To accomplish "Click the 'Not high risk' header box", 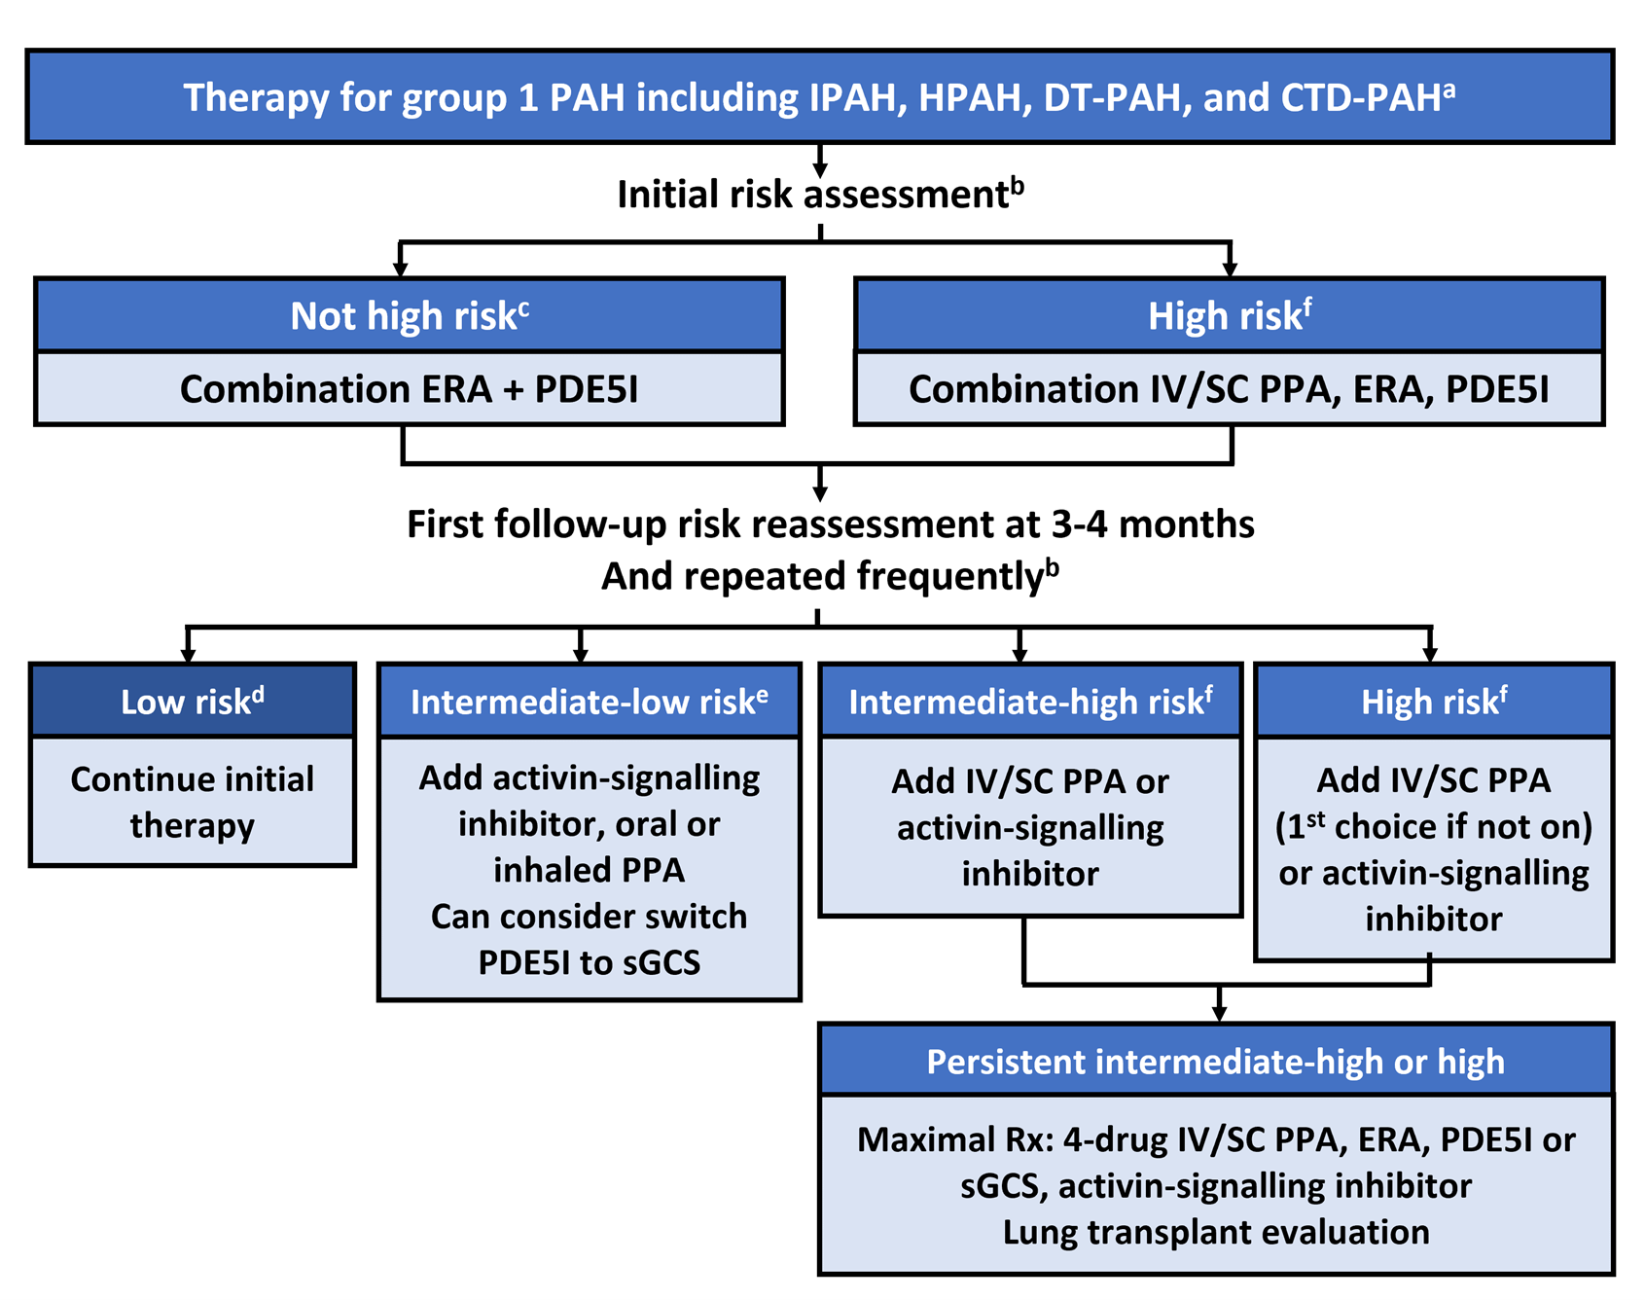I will pyautogui.click(x=410, y=315).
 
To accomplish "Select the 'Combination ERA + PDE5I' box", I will pyautogui.click(x=410, y=389).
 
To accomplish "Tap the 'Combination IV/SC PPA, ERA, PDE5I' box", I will pyautogui.click(x=1229, y=389).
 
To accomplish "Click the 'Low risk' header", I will pyautogui.click(x=193, y=702).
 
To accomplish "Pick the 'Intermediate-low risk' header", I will pyautogui.click(x=589, y=702).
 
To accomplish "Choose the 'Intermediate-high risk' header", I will pyautogui.click(x=1030, y=702).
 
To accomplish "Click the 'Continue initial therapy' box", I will pyautogui.click(x=193, y=802).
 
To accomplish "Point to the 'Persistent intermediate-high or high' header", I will pyautogui.click(x=1215, y=1061).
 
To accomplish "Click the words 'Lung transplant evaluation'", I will pyautogui.click(x=1215, y=1232).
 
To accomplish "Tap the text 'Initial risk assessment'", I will pyautogui.click(x=812, y=195).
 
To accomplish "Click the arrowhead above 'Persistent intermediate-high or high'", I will pyautogui.click(x=1220, y=1014).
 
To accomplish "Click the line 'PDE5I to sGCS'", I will pyautogui.click(x=589, y=962).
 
